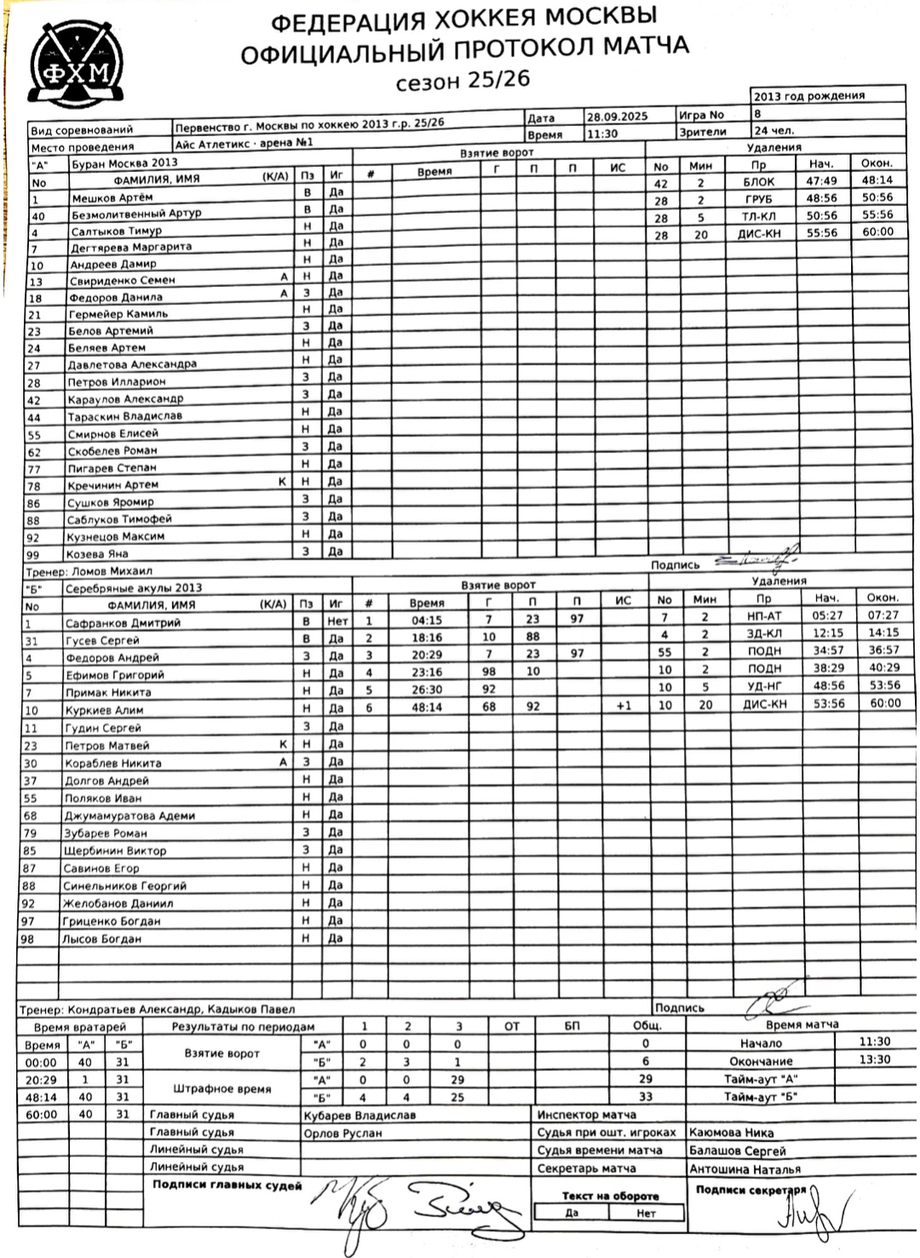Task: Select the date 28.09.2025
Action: (618, 116)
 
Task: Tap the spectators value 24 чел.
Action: (774, 131)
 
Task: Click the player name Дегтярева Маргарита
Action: (131, 247)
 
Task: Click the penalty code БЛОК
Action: (758, 181)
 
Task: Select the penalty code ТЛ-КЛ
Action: (757, 216)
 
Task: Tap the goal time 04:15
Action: (426, 620)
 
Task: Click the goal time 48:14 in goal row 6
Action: (426, 707)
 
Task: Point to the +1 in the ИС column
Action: (624, 705)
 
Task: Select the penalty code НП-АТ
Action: (763, 616)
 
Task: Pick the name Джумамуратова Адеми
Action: (129, 815)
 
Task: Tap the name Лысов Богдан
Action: (101, 939)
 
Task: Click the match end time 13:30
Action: (875, 1060)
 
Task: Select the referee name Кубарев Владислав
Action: (359, 1115)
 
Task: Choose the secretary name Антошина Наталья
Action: (745, 1169)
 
